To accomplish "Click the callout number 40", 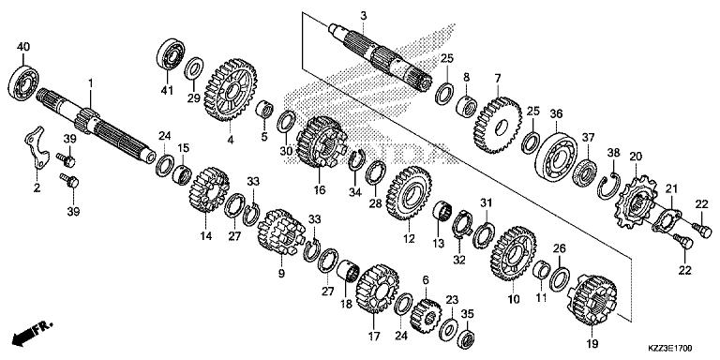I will tap(23, 46).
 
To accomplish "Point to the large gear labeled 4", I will tap(228, 89).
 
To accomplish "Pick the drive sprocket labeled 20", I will tap(637, 201).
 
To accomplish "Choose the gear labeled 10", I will tap(511, 254).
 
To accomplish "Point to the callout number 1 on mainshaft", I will tap(91, 84).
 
